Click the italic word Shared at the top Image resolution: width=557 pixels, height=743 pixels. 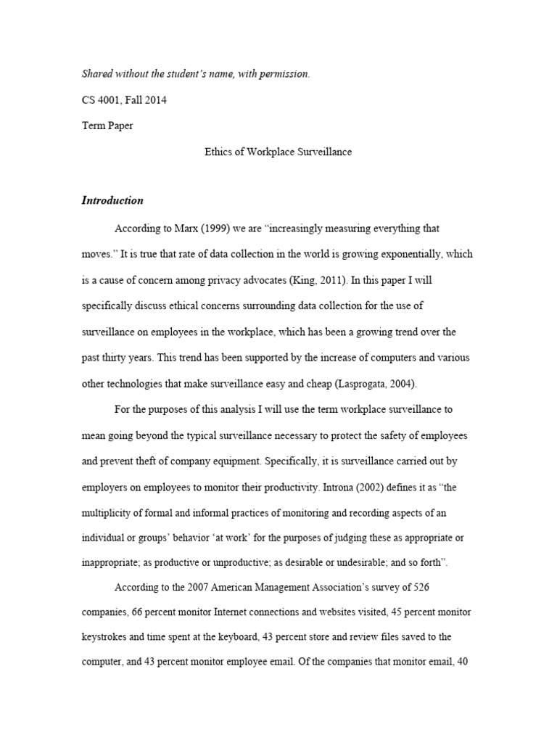pos(99,75)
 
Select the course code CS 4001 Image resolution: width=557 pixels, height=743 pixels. pos(101,100)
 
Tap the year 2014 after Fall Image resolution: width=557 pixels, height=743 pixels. pos(154,100)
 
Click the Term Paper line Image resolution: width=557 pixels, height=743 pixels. pos(107,126)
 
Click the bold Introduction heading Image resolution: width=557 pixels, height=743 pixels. pos(112,201)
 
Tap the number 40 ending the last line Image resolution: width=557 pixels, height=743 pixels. pos(466,663)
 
